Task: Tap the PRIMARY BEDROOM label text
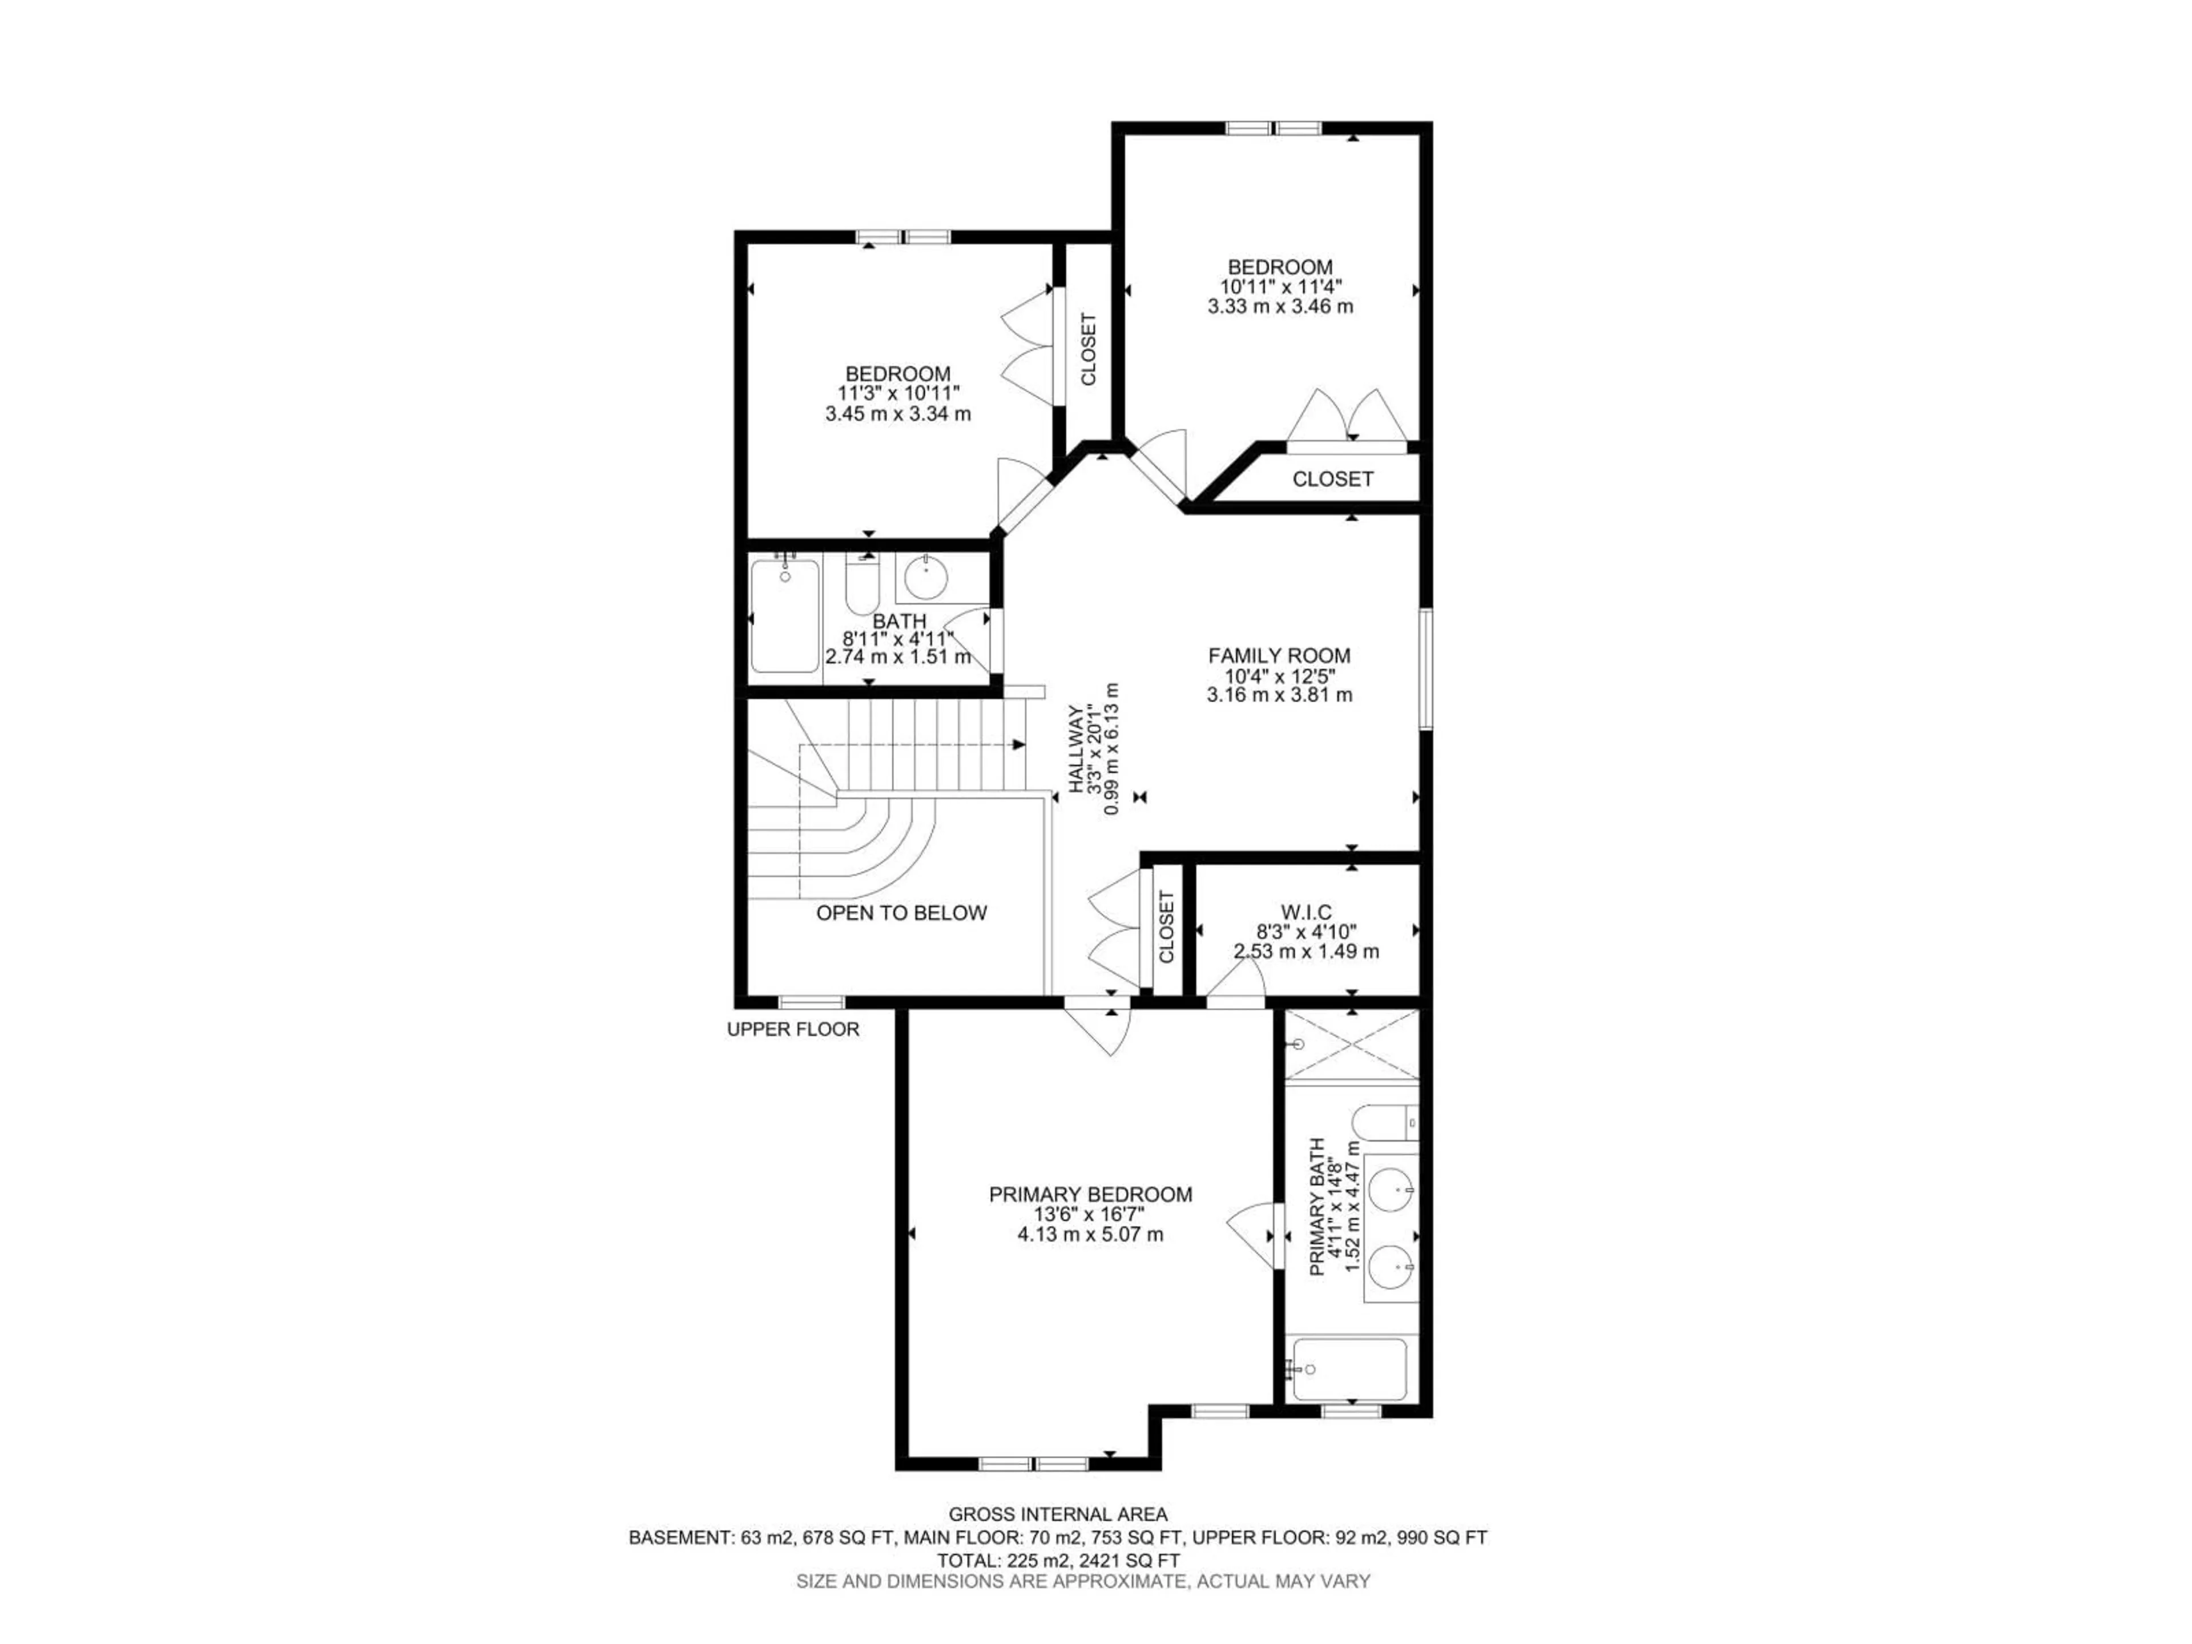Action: coord(1090,1194)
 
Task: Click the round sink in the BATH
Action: coord(925,579)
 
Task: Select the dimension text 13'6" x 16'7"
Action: coord(1090,1215)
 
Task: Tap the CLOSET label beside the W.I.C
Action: coord(1166,926)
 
